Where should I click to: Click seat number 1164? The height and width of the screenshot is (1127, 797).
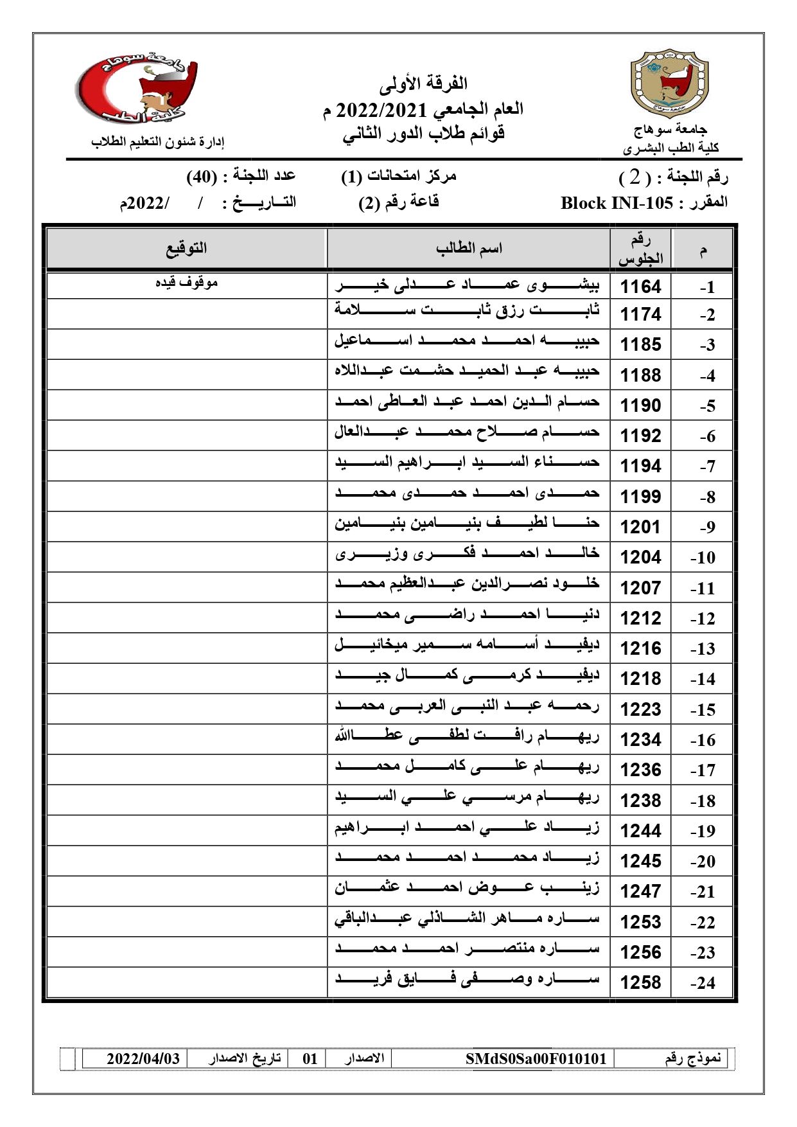coord(640,286)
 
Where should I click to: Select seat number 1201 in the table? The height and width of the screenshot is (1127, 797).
coord(640,527)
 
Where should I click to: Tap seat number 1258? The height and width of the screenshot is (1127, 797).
coord(640,982)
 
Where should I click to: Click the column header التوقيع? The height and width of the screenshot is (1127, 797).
coord(186,248)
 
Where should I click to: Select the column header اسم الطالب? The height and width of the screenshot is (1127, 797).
coord(469,249)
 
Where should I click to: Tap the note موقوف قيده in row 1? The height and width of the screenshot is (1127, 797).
coord(187,283)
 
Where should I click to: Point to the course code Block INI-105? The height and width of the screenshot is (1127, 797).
coord(616,203)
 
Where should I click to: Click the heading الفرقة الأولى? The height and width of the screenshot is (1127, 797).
coord(423,84)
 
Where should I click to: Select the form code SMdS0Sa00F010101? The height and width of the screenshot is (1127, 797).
coord(536,1059)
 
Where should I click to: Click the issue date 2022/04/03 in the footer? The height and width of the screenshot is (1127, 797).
coord(143,1059)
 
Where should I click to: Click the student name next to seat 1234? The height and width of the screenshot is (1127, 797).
coord(467,736)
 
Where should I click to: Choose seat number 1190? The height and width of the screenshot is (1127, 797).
coord(640,405)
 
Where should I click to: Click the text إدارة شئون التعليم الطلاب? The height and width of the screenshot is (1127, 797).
coord(157,142)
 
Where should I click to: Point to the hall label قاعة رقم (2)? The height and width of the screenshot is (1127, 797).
coord(398,202)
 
